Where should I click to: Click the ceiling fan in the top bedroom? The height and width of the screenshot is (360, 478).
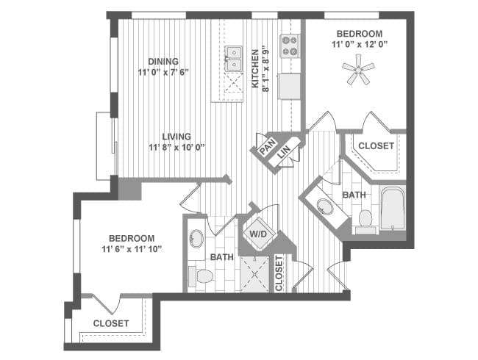pyautogui.click(x=358, y=71)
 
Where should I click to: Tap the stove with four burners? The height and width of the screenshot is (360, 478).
pyautogui.click(x=290, y=46)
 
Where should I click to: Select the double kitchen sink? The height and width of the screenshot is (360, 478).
pyautogui.click(x=234, y=59)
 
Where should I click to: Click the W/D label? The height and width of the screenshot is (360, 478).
pyautogui.click(x=258, y=234)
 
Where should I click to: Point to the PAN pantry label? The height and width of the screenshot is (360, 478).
pyautogui.click(x=268, y=146)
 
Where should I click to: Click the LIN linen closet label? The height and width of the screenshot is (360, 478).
pyautogui.click(x=284, y=151)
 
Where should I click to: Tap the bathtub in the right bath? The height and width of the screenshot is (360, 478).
pyautogui.click(x=393, y=208)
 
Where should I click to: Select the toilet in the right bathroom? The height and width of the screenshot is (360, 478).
pyautogui.click(x=365, y=220)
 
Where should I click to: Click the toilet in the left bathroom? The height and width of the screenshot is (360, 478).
pyautogui.click(x=201, y=276)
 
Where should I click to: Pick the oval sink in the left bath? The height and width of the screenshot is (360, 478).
pyautogui.click(x=196, y=239)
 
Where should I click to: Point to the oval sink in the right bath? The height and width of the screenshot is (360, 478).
pyautogui.click(x=325, y=206)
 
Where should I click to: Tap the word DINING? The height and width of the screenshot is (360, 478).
pyautogui.click(x=163, y=62)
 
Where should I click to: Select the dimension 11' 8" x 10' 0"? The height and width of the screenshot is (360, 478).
pyautogui.click(x=176, y=148)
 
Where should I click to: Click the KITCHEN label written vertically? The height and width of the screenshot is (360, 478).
pyautogui.click(x=255, y=68)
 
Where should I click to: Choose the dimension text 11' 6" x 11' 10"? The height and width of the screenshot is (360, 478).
pyautogui.click(x=132, y=250)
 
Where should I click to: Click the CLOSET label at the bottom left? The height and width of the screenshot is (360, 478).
pyautogui.click(x=111, y=323)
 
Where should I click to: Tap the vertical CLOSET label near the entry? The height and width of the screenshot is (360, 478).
pyautogui.click(x=279, y=273)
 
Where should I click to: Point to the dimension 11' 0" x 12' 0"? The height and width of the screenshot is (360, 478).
pyautogui.click(x=360, y=45)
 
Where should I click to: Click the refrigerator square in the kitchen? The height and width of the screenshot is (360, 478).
pyautogui.click(x=289, y=86)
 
